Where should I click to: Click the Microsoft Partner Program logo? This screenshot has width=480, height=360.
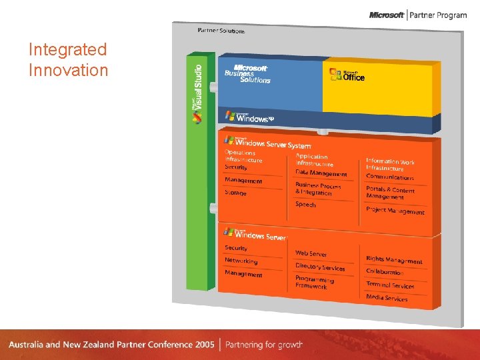click(x=418, y=15)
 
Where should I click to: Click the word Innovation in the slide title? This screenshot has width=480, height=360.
click(x=68, y=70)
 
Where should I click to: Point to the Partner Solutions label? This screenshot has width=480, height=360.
click(x=221, y=30)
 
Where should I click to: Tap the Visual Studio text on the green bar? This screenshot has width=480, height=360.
click(x=198, y=93)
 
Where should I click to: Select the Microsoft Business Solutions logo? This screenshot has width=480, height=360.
click(x=247, y=74)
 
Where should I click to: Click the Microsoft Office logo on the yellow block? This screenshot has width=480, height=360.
click(x=348, y=75)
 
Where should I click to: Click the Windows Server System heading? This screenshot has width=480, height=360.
click(x=267, y=143)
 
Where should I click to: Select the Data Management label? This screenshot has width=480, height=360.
click(x=321, y=173)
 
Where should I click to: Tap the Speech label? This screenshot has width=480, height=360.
click(x=306, y=205)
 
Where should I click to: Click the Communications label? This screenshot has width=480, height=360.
click(x=390, y=177)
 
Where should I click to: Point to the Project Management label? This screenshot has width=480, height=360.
click(x=395, y=211)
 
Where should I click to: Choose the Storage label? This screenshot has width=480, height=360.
click(x=235, y=193)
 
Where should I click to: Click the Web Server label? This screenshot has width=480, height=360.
click(x=311, y=254)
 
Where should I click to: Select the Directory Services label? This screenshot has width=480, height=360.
click(x=321, y=267)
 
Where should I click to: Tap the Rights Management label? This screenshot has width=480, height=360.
click(x=394, y=260)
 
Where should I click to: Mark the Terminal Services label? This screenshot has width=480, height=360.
click(x=390, y=285)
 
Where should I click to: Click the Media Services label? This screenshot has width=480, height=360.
click(x=387, y=298)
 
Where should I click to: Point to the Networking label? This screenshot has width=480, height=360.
click(x=241, y=261)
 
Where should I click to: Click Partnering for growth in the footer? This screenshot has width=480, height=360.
click(x=264, y=345)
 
